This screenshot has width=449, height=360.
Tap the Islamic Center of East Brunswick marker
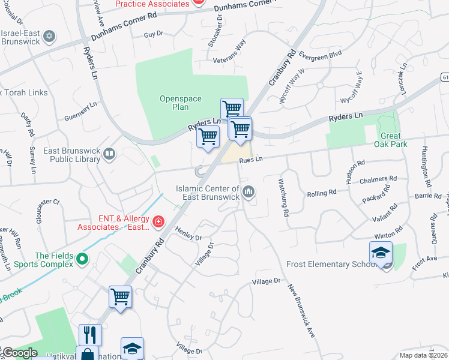249,192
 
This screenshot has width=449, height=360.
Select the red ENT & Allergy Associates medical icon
158,223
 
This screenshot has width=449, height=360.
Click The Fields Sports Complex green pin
83,259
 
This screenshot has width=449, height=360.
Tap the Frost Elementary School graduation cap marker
381,253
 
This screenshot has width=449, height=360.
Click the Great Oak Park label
394,140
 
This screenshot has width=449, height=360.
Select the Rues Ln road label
251,159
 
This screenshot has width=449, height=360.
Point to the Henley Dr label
188,233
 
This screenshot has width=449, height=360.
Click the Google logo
19,353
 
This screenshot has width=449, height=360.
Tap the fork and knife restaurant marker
90,335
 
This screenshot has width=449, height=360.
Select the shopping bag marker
87,354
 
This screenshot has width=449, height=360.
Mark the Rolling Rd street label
322,193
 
